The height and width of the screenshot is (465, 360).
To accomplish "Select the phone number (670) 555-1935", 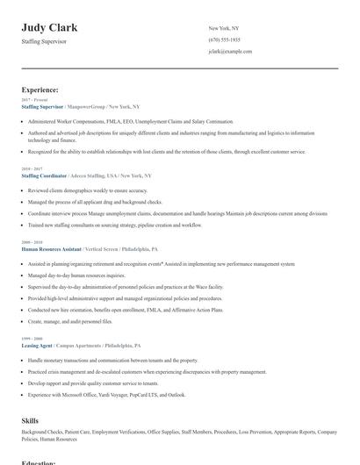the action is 225,40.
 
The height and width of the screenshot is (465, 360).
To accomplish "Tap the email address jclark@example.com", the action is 230,52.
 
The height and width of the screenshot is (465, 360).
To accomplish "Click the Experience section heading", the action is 40,89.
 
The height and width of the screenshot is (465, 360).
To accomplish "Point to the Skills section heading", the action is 30,421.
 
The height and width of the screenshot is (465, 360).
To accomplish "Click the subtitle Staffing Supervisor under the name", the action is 44,41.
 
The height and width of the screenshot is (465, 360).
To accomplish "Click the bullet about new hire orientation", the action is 125,310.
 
